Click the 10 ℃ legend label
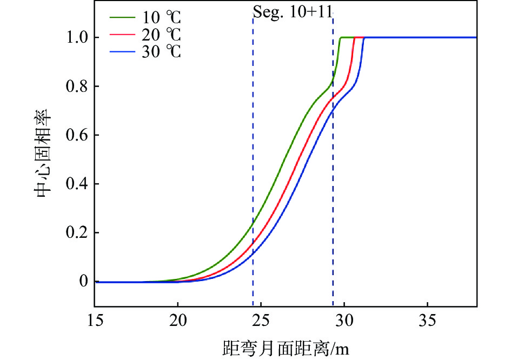click(161, 21)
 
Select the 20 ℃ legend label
click(161, 37)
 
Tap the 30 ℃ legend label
click(161, 53)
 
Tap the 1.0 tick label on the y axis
click(76, 38)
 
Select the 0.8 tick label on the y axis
click(76, 86)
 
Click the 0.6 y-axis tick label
click(76, 135)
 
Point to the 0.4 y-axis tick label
click(76, 184)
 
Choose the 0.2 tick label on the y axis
click(76, 233)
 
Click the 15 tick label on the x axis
click(95, 321)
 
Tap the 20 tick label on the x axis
click(178, 321)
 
